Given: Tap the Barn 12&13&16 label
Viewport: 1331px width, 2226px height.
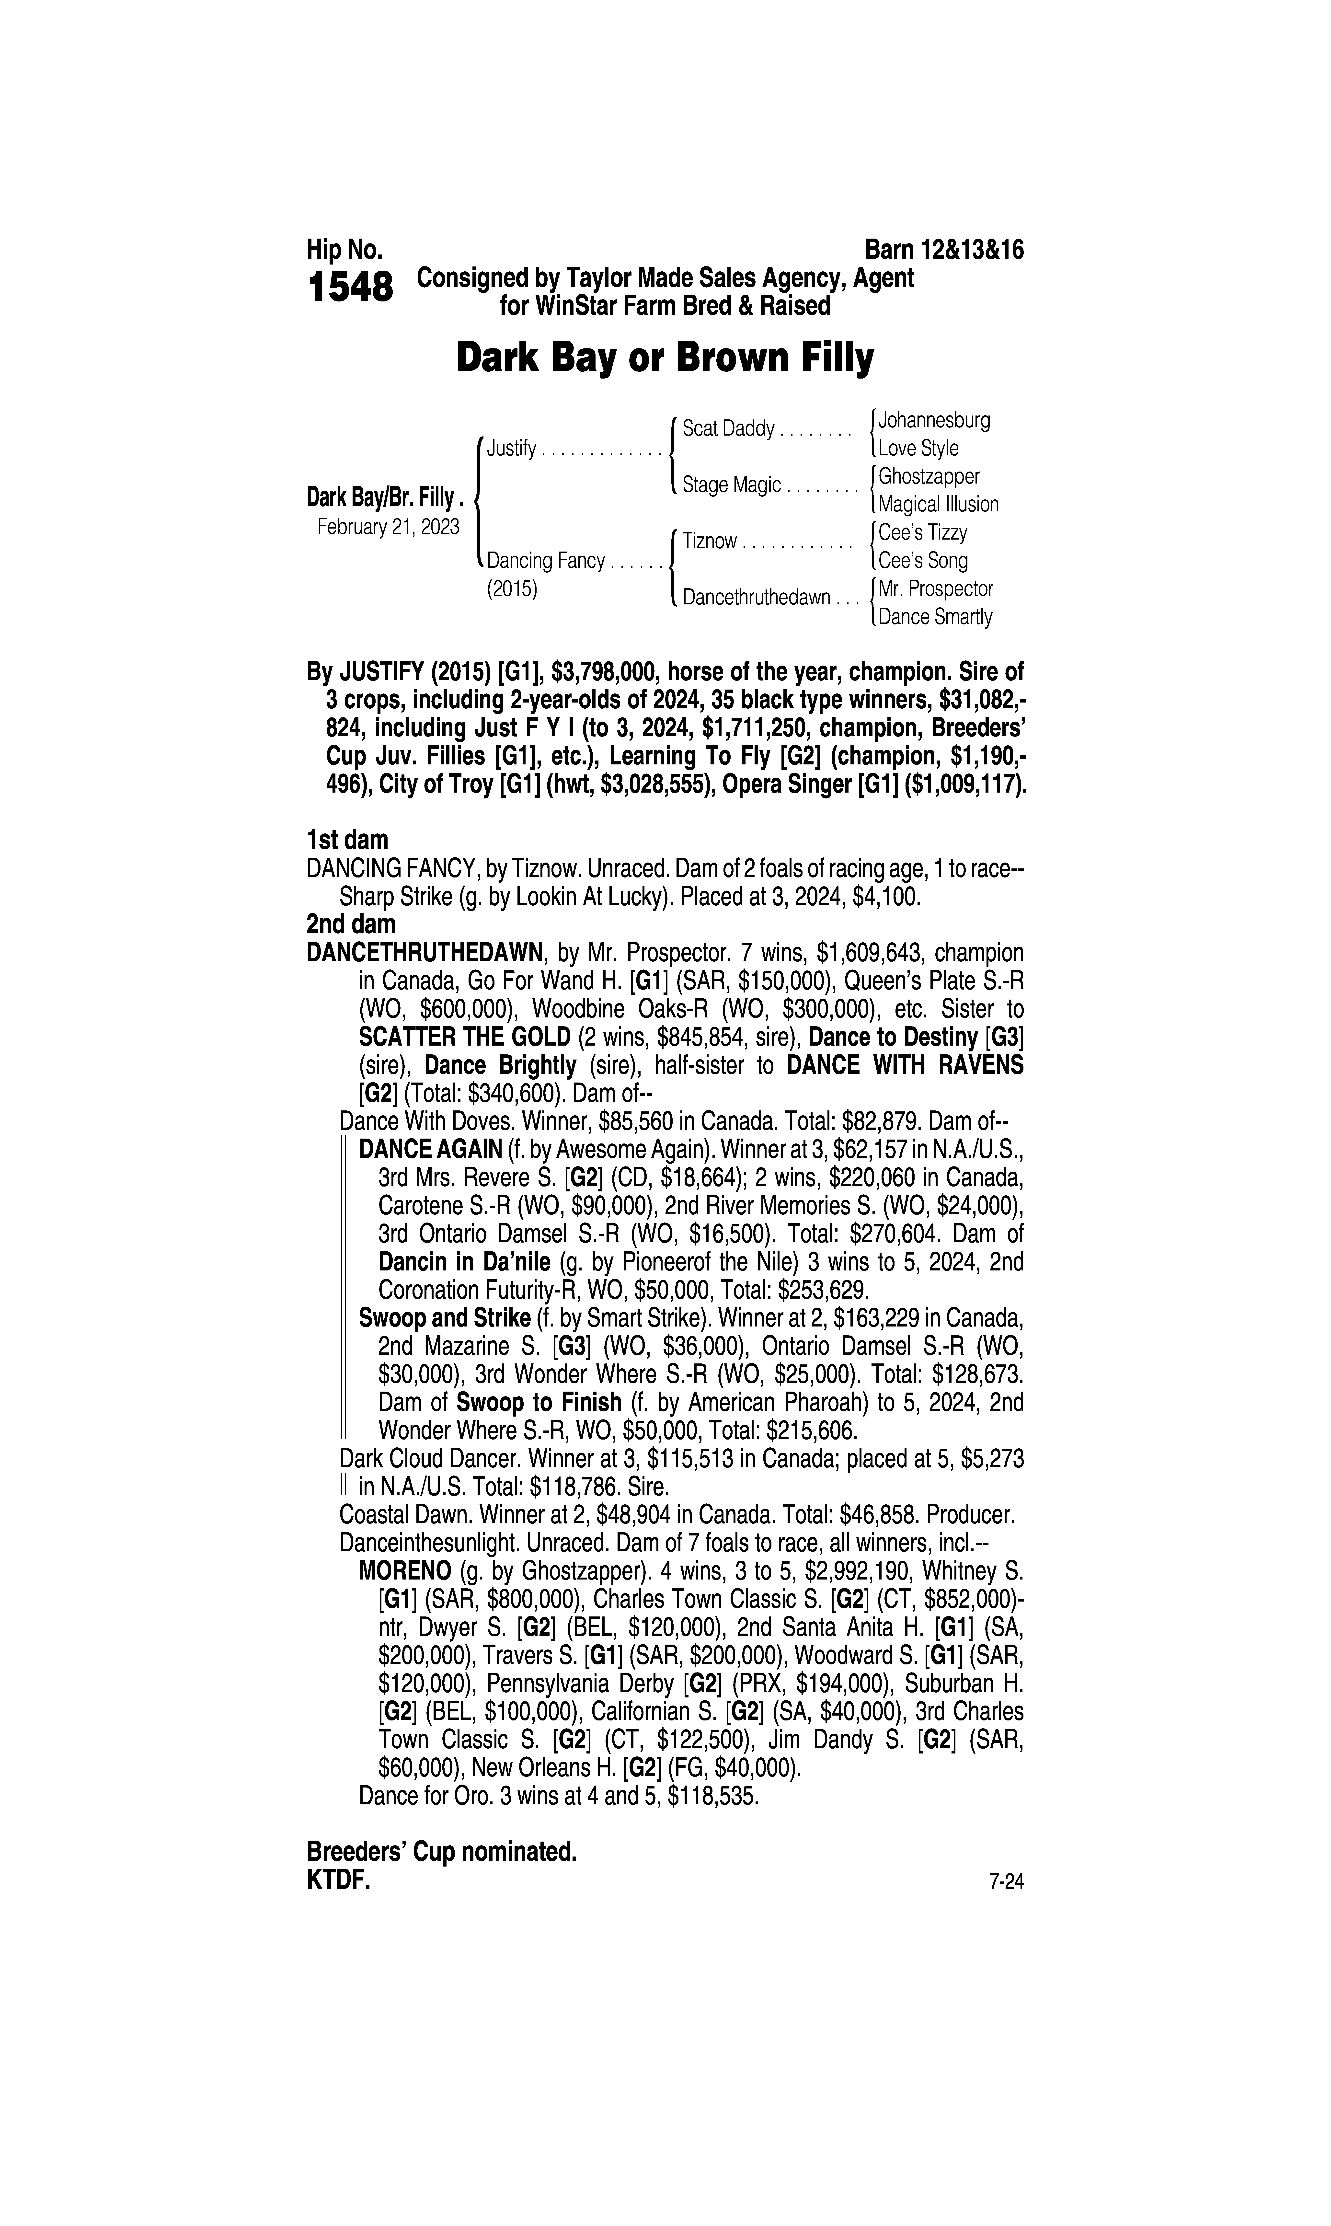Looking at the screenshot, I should point(944,249).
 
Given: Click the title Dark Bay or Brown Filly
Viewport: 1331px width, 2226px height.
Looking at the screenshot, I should point(665,358).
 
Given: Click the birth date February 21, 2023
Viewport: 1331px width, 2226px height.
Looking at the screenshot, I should point(388,526).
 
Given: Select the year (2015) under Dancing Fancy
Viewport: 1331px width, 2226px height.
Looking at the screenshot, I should point(511,589).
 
